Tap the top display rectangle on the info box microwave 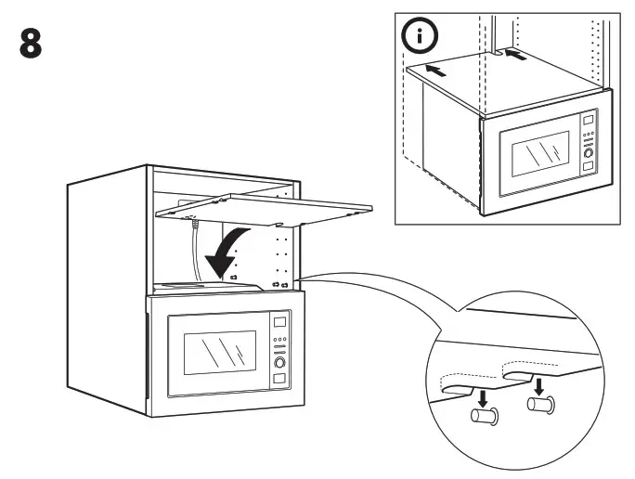(x=588, y=119)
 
